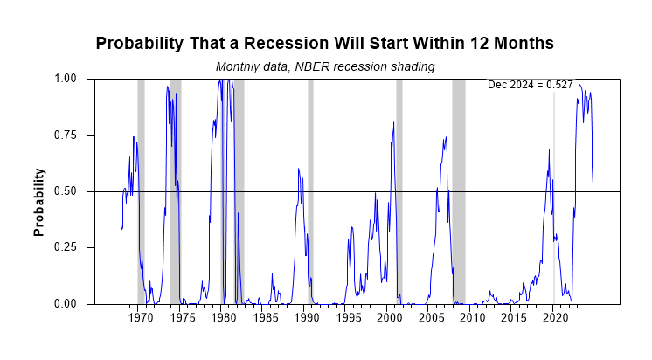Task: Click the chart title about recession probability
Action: (324, 43)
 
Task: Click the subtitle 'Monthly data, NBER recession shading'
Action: (325, 66)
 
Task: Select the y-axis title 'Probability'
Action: (38, 204)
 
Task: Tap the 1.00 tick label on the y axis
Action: (66, 79)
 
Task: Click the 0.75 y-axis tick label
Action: (66, 135)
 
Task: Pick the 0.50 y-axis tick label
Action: (66, 191)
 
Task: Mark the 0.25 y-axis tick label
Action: (66, 247)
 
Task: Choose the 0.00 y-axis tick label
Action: (66, 304)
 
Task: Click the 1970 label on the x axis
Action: (141, 319)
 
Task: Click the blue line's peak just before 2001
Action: (394, 122)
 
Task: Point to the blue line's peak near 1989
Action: (298, 169)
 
